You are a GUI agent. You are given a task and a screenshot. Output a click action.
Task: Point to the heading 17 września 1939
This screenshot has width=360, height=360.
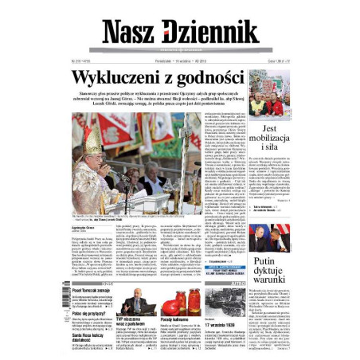coord(225,325)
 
